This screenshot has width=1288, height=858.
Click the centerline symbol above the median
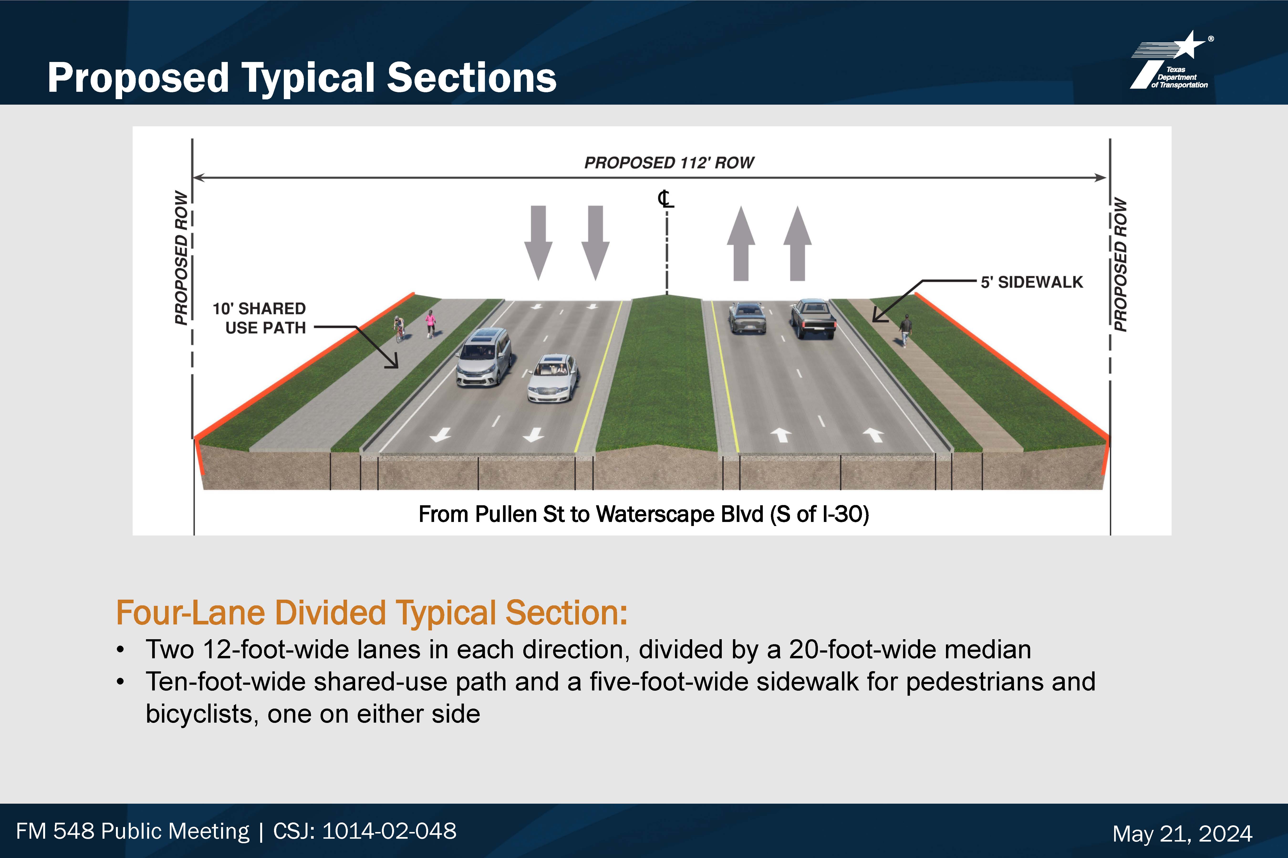coord(666,199)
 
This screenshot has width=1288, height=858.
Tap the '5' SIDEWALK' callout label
coord(1032,282)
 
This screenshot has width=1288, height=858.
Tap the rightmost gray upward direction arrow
coord(797,243)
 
